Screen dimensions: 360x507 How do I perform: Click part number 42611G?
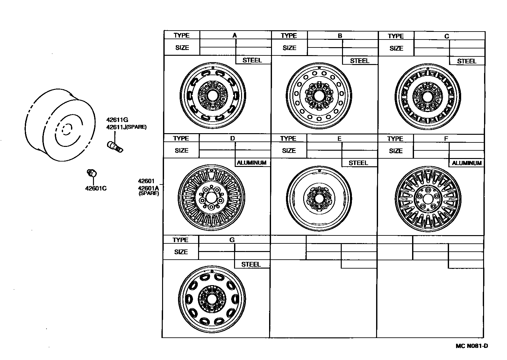pyautogui.click(x=117, y=120)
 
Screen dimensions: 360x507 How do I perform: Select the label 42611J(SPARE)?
pyautogui.click(x=126, y=127)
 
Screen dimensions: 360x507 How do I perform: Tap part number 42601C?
pyautogui.click(x=96, y=188)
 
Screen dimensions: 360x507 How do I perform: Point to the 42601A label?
pyautogui.click(x=148, y=188)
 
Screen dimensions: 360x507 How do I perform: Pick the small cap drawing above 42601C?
pyautogui.click(x=91, y=173)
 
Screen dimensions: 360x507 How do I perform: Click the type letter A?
pyautogui.click(x=235, y=35)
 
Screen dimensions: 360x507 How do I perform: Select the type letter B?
pyautogui.click(x=340, y=36)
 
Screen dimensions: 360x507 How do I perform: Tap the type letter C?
pyautogui.click(x=446, y=36)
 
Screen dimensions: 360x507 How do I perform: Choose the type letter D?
pyautogui.click(x=232, y=138)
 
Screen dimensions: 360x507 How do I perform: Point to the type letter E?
pyautogui.click(x=339, y=139)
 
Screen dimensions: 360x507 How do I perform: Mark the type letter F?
pyautogui.click(x=446, y=139)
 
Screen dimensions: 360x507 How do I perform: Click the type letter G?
pyautogui.click(x=232, y=240)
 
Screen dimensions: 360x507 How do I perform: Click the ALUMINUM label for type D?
pyautogui.click(x=252, y=163)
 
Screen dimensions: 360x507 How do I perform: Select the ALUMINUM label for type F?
pyautogui.click(x=467, y=163)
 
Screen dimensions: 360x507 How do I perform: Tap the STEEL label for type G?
pyautogui.click(x=251, y=264)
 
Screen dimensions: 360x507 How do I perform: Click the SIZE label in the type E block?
pyautogui.click(x=289, y=150)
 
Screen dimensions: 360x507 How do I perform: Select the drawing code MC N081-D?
pyautogui.click(x=471, y=346)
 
